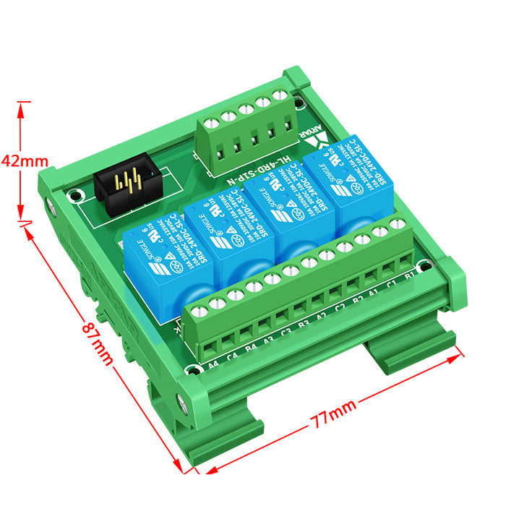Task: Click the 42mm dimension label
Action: coord(24,160)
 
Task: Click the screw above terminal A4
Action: coord(201,310)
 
